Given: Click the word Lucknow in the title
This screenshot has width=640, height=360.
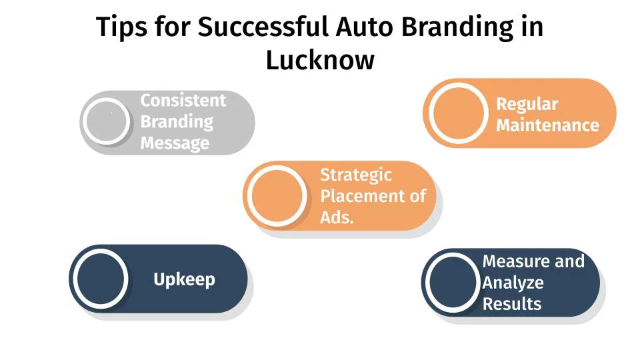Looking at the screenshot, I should coord(320,60).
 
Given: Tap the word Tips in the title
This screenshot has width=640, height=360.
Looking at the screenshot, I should coord(121,28).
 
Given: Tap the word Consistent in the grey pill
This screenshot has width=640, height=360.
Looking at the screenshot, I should coord(183,101).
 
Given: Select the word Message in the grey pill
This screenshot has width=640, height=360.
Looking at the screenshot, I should coord(175,143).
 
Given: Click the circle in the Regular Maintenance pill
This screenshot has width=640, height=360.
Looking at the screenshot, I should coord(458,113).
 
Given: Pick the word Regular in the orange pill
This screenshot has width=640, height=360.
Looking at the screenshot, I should coord(527,104).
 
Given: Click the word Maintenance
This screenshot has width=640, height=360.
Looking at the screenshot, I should coord(547,125).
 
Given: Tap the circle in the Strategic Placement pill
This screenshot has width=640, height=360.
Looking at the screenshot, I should coord(277,196).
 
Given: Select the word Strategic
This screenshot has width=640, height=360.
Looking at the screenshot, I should coord(356,175).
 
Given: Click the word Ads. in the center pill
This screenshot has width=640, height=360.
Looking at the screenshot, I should coord(337,217).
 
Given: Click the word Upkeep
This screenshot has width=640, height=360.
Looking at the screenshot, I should coord(184,279).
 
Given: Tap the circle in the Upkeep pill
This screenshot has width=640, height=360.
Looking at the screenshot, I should coord(101,279).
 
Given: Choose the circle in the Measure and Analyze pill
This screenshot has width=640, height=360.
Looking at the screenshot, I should coord(452,283).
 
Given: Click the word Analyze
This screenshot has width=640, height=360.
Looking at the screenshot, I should coord(513,283).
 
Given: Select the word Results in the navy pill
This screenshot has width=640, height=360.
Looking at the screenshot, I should coord(511,304).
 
